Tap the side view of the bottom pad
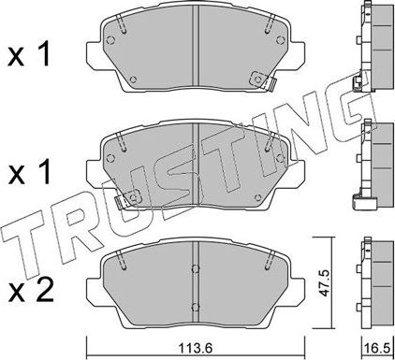pos(373,277)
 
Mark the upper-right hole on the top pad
pos(276,40)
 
